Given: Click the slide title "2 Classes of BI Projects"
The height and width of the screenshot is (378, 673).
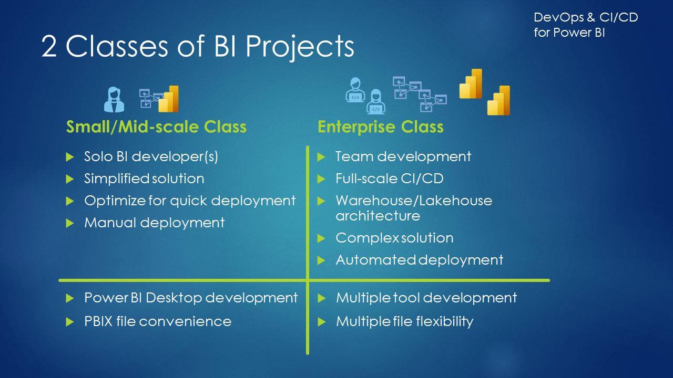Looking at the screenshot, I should click(198, 47).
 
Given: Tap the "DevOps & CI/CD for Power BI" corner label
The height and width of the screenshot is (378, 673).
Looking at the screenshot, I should click(585, 25).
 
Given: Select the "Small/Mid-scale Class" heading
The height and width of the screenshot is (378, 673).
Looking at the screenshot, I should click(156, 127).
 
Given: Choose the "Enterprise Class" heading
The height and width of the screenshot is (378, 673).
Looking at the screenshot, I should click(380, 127).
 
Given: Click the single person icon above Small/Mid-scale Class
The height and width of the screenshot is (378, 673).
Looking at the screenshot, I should click(114, 99).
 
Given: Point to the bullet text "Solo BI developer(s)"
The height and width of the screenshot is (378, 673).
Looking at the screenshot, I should click(151, 156).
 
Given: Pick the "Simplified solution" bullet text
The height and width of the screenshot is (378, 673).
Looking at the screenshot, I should click(144, 178).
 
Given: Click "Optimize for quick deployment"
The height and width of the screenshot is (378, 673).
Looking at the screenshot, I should click(190, 201).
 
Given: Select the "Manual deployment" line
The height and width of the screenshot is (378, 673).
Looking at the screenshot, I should click(155, 223).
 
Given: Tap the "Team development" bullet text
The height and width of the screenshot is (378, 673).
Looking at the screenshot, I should click(403, 156).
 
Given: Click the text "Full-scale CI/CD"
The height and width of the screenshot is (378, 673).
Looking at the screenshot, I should click(390, 178).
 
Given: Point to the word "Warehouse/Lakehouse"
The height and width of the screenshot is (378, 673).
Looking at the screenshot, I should click(414, 201).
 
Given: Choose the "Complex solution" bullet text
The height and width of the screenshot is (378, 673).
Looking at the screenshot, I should click(394, 238).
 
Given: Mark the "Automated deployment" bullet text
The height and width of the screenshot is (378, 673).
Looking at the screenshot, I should click(420, 260).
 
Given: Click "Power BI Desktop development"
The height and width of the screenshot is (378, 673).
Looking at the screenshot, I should click(191, 298).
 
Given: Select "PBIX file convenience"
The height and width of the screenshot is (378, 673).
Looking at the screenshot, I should click(158, 321).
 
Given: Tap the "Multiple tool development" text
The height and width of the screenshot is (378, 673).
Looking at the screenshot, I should click(426, 298).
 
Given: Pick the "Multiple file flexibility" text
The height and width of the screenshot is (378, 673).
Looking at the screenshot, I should click(404, 321).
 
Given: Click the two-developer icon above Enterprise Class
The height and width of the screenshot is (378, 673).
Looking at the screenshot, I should click(365, 96).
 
